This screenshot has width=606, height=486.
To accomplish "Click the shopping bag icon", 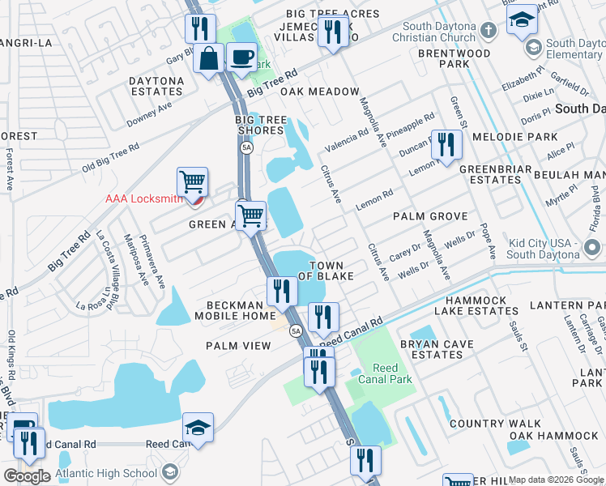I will click(x=209, y=59).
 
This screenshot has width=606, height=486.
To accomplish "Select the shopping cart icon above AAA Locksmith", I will click(x=192, y=181).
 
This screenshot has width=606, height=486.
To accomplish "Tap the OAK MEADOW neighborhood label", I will click(x=319, y=92).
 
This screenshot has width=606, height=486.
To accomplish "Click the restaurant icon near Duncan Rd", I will click(x=446, y=144).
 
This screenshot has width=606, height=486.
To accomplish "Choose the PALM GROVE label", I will click(x=430, y=216).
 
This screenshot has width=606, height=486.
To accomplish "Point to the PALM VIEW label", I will click(x=237, y=346).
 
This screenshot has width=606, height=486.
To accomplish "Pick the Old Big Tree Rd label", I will click(x=110, y=159).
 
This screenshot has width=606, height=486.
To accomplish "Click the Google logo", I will click(x=27, y=475).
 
